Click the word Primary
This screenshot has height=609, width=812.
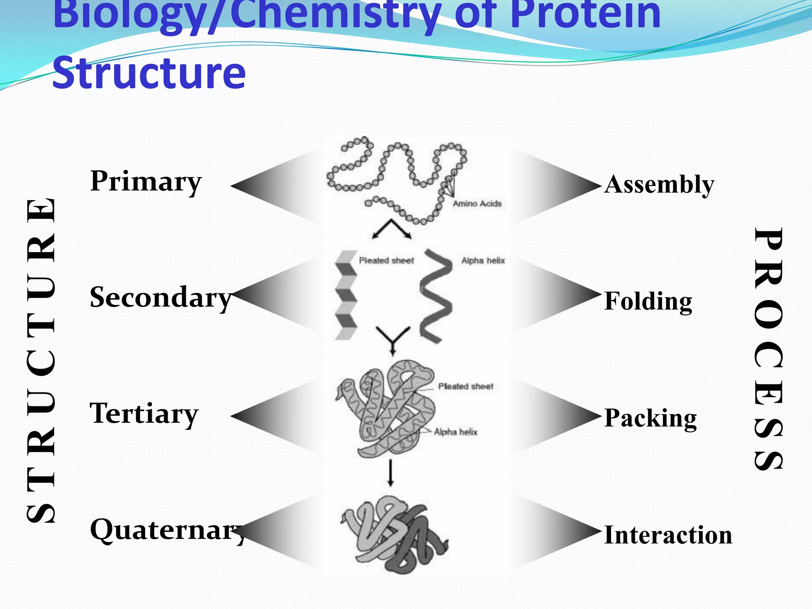146,181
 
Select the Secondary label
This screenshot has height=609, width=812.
160,297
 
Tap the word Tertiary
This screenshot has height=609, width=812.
144,414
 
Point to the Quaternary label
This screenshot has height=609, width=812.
167,530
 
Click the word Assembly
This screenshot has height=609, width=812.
659,184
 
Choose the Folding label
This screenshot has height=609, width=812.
648,301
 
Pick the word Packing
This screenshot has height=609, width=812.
650,418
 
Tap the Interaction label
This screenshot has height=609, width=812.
668,535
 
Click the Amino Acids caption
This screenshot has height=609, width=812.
477,204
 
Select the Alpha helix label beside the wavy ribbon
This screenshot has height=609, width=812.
483,261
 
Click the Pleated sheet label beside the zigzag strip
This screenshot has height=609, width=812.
386,261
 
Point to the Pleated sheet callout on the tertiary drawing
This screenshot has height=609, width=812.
465,387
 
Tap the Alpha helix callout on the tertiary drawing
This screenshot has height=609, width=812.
456,432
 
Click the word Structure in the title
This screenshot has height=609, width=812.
149,73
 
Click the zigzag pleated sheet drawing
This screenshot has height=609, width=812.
346,295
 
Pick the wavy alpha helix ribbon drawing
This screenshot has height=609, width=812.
436,295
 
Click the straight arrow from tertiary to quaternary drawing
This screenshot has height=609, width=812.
391,473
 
